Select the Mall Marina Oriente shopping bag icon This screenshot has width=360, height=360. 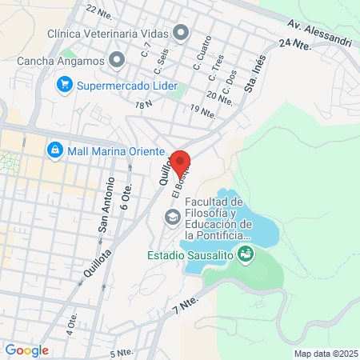[55, 149]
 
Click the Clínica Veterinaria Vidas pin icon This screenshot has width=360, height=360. [182, 34]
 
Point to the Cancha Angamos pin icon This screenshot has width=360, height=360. [118, 59]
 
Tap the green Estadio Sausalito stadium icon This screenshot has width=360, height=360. [246, 255]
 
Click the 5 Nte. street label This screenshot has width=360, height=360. [122, 352]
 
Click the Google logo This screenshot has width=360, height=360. [27, 350]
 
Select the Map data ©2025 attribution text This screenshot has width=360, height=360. [326, 353]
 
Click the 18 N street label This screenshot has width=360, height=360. [144, 105]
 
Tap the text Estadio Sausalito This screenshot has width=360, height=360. [191, 256]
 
